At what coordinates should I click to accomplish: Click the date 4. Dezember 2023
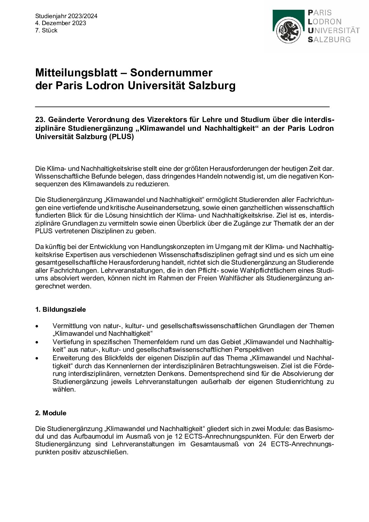point(60,23)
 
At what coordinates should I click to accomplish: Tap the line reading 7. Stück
point(46,30)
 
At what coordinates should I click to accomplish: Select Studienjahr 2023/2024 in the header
point(66,16)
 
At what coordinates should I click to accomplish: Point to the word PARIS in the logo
point(319,13)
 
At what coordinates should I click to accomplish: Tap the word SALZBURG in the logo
point(329,39)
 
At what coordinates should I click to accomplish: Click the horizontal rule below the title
point(182,106)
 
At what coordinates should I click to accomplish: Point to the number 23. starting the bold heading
point(40,120)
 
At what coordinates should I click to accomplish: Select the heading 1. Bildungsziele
point(60,310)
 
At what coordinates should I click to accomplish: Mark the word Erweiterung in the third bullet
point(70,358)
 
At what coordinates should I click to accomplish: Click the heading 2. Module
point(51,413)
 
